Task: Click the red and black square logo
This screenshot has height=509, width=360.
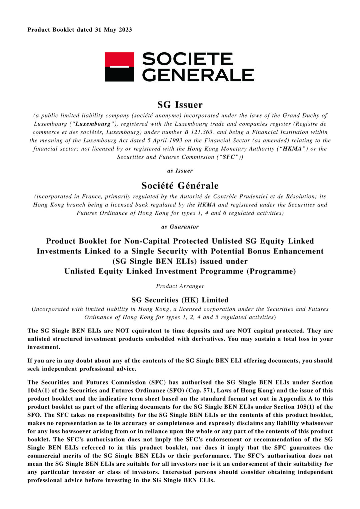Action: (x=119, y=67)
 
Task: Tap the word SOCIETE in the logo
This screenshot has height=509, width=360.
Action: (x=187, y=59)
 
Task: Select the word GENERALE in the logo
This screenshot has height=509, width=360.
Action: (x=198, y=75)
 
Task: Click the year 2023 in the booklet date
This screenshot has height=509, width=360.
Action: (x=125, y=30)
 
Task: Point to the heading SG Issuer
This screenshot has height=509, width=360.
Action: (x=180, y=105)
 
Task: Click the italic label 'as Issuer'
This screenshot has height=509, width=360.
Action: (x=180, y=171)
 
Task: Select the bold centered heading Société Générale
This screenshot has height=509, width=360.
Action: (x=180, y=186)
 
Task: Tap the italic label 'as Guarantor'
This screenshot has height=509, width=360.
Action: (x=180, y=227)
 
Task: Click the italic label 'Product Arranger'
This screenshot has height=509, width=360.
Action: (x=180, y=286)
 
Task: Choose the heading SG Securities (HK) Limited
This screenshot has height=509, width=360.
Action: (x=180, y=300)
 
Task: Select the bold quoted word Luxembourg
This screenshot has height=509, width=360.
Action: (x=93, y=124)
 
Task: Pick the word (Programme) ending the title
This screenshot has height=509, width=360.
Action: (x=271, y=271)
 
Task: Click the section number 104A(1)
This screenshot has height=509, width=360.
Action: (x=41, y=390)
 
